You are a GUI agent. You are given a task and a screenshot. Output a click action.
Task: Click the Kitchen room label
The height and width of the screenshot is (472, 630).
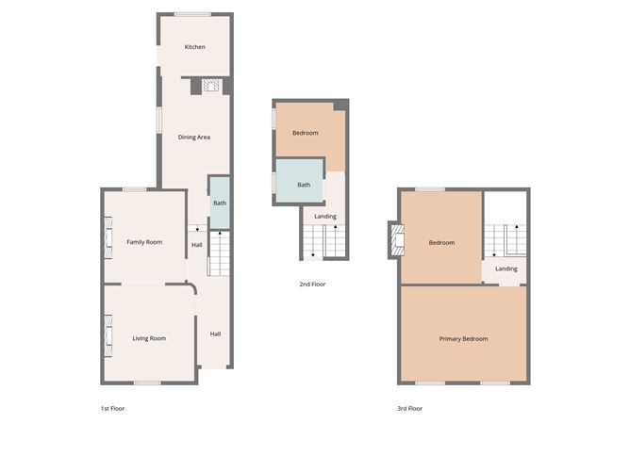195,47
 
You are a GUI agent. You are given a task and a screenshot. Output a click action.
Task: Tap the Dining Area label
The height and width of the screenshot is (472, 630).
194,138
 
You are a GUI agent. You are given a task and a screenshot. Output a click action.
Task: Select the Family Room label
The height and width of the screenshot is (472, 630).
144,242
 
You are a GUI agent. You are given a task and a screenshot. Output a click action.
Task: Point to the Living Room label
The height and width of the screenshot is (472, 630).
149,338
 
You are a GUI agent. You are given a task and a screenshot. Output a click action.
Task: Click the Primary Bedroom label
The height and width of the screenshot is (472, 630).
464,339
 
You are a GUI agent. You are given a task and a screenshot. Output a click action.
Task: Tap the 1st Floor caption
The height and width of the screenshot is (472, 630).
112,409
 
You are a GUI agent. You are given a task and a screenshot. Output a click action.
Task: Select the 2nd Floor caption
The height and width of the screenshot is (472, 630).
312,285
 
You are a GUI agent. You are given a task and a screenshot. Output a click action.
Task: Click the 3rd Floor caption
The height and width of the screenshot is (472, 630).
410,409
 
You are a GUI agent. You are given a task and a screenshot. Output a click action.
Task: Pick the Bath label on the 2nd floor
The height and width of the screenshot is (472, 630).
304,185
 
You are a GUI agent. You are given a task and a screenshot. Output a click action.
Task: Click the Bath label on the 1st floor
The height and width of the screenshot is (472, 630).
220,203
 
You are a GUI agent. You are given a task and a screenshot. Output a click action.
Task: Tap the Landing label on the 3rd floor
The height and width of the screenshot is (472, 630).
506,269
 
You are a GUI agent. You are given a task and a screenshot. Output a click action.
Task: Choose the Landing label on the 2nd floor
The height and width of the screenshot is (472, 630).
325,217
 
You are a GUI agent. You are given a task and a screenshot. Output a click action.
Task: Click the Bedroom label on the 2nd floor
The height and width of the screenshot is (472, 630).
306,133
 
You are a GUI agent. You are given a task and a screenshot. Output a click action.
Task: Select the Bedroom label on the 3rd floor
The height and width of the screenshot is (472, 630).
441,243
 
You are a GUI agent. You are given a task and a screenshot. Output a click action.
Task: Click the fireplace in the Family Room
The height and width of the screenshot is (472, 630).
108,238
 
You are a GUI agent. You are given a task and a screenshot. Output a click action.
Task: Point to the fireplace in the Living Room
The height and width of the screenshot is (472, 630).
108,336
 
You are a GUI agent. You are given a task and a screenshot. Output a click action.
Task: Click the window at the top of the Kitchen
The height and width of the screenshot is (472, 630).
192,15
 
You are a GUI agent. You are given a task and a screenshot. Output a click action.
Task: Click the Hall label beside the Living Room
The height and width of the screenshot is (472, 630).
215,334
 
